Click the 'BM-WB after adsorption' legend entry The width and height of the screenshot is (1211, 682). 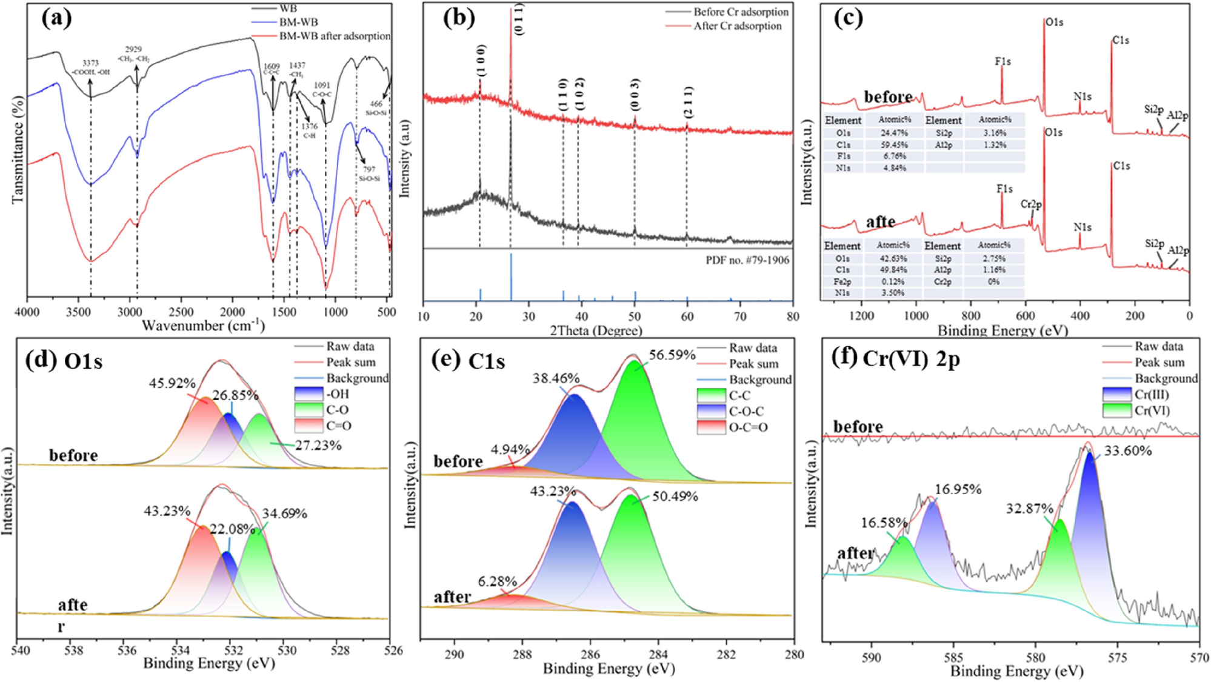click(x=334, y=36)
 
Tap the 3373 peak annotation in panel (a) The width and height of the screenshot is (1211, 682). click(x=91, y=63)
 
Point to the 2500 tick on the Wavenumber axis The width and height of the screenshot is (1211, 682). click(x=180, y=312)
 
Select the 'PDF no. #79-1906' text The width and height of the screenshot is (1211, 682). click(x=747, y=261)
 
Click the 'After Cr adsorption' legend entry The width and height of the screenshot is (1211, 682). click(x=737, y=26)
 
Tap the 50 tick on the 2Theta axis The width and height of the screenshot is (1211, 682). click(x=635, y=316)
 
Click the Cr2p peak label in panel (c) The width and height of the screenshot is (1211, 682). click(x=1031, y=204)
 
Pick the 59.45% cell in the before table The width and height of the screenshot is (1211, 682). click(x=895, y=145)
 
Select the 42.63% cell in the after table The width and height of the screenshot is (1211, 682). click(x=893, y=259)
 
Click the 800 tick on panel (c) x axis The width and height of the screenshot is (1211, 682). click(x=971, y=316)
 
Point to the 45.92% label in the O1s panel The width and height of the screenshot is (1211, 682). click(x=172, y=384)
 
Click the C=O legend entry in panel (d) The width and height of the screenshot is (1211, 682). click(x=338, y=426)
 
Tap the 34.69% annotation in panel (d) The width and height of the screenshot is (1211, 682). click(x=284, y=513)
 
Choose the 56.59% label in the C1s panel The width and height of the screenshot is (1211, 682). click(x=672, y=355)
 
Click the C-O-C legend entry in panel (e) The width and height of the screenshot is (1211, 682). click(x=746, y=412)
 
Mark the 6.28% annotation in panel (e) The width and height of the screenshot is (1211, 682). click(x=497, y=581)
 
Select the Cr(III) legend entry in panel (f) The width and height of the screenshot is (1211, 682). click(x=1151, y=395)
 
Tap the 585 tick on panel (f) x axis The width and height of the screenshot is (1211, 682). click(x=953, y=657)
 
